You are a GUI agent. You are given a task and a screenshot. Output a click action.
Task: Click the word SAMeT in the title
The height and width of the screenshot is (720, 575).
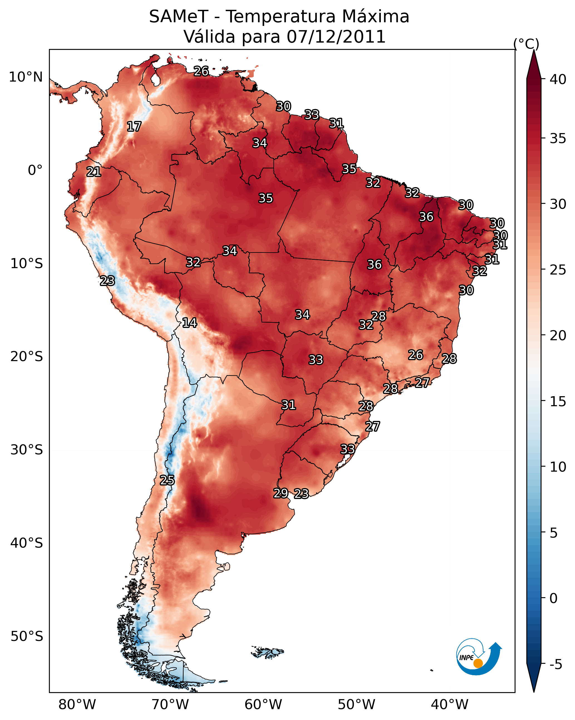point(179,17)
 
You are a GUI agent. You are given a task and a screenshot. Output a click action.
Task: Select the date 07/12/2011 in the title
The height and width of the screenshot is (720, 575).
point(336,37)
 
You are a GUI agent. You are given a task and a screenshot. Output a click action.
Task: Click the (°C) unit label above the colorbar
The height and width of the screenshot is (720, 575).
point(526,44)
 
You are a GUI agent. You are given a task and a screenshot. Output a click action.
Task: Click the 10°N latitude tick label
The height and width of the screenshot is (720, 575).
point(26,77)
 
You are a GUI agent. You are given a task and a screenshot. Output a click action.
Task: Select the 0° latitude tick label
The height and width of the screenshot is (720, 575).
point(35,170)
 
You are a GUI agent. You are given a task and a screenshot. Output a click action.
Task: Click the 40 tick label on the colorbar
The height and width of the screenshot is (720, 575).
point(558,79)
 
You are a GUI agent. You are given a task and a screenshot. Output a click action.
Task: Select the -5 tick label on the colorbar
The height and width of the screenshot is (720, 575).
point(556,665)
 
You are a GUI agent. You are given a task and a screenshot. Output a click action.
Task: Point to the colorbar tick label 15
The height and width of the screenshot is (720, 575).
point(558,401)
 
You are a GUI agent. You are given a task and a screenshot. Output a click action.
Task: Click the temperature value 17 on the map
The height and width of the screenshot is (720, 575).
point(134,127)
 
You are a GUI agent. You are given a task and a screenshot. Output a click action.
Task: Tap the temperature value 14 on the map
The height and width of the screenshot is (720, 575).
point(189,323)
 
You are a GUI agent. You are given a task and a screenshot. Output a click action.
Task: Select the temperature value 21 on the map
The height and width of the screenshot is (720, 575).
point(94,172)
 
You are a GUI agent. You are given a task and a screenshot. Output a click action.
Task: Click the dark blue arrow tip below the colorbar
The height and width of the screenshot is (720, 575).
point(534,685)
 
